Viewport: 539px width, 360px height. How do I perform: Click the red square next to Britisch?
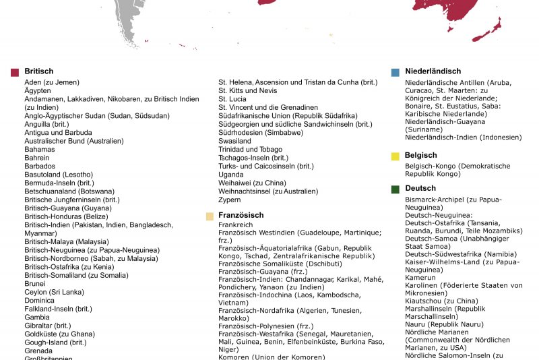click(x=15, y=71)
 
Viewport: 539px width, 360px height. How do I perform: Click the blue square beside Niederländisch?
click(x=395, y=71)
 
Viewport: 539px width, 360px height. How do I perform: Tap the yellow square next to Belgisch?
click(x=395, y=156)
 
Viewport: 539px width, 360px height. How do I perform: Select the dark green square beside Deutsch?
click(x=395, y=189)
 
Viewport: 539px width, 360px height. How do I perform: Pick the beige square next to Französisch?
click(x=210, y=216)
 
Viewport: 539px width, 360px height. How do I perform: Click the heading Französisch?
click(x=241, y=216)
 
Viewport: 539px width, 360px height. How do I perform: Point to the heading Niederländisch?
click(x=433, y=71)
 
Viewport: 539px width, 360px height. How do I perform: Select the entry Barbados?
click(x=40, y=166)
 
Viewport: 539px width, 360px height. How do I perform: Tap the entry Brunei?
click(x=36, y=284)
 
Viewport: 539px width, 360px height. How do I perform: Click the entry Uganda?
click(x=231, y=175)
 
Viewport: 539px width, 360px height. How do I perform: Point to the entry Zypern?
click(x=230, y=200)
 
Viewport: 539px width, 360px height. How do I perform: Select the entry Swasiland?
click(x=235, y=141)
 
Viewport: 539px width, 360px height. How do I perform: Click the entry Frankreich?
click(x=236, y=224)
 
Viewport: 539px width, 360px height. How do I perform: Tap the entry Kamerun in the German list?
click(x=420, y=277)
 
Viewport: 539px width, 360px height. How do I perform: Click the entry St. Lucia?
click(x=232, y=98)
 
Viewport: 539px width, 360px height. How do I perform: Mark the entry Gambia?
click(x=37, y=317)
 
